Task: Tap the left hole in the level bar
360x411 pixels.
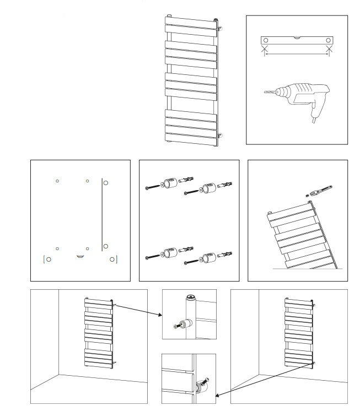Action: click(266, 40)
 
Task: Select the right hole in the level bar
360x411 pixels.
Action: click(329, 40)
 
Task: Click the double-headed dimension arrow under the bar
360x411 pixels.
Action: click(297, 54)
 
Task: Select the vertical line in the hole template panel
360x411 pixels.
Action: click(101, 215)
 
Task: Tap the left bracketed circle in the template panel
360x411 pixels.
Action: click(49, 259)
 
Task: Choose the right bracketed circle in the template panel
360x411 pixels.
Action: click(112, 259)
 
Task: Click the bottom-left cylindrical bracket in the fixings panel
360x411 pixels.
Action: click(168, 254)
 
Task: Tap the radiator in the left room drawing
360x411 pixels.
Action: click(99, 333)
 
